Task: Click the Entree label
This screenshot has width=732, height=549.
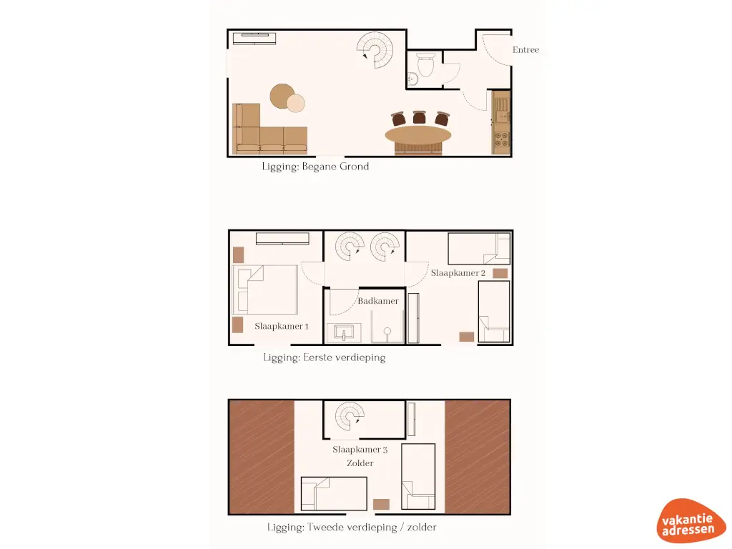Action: coord(525,50)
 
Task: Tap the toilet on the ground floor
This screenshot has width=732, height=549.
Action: coord(426,65)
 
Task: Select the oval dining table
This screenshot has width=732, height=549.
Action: coord(418,135)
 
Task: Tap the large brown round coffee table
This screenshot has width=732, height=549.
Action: coord(282,96)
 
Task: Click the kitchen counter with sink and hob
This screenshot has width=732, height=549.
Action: coord(501,122)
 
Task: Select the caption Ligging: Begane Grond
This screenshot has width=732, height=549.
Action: coord(315,167)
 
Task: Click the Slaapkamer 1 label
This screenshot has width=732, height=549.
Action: coord(282,326)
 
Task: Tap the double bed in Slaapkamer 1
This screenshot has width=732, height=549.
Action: coord(264,290)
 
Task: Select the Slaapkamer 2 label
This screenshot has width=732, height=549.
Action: coord(458,273)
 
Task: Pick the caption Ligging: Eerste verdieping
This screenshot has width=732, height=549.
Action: coord(324,357)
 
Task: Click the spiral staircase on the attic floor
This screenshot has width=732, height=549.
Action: coord(350,419)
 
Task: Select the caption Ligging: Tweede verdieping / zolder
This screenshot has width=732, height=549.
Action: coord(352,528)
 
